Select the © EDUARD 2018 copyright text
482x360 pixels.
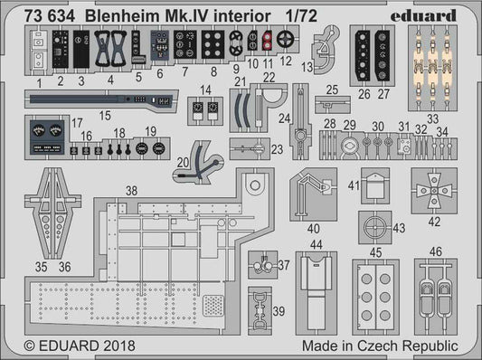click(x=71, y=345)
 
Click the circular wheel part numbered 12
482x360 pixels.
click(x=286, y=40)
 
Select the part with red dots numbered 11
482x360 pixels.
click(x=268, y=40)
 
